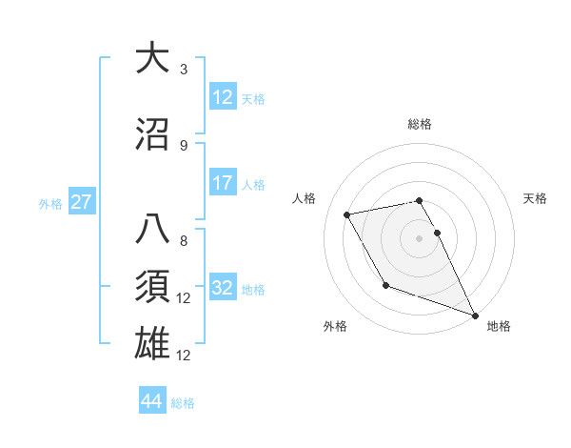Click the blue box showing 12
(x=223, y=98)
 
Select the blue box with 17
(x=223, y=184)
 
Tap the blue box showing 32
(x=223, y=289)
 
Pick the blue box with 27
(x=82, y=203)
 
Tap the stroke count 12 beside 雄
(x=185, y=356)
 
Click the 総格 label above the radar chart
(x=420, y=124)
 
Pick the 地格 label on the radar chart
(x=499, y=326)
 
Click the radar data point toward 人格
(x=347, y=214)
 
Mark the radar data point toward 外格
(x=385, y=285)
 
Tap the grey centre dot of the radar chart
(x=420, y=237)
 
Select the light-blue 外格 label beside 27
(x=50, y=204)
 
